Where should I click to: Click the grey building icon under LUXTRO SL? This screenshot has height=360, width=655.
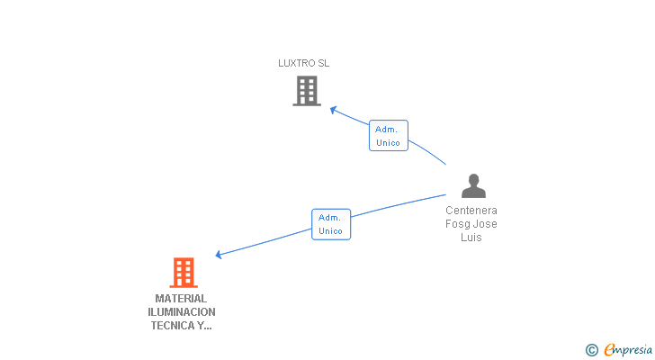coord(307,91)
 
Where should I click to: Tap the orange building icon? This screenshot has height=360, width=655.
coord(184,273)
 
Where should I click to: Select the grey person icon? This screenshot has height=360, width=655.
coord(473,185)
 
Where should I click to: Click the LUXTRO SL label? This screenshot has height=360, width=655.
coord(304,63)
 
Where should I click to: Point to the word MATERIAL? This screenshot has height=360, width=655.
coord(181,299)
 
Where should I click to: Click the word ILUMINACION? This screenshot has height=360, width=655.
coord(182,312)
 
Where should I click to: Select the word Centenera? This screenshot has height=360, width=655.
coord(471,211)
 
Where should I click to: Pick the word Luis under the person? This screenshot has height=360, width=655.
coord(471,238)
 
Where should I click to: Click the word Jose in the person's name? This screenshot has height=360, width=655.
coord(486,224)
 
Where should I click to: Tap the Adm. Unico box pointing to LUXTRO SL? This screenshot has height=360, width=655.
coord(389,136)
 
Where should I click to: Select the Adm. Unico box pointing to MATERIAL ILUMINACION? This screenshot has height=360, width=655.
coord(331,224)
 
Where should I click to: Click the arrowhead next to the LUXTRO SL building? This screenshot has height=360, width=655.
coord(333,110)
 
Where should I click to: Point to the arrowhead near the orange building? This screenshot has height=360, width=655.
coord(219,255)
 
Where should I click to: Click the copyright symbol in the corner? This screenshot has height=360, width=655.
coord(591,350)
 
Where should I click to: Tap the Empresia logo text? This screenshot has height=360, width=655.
coord(628,350)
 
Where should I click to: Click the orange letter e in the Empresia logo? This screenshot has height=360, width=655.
coord(609,349)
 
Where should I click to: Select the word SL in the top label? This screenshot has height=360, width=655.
coord(323,63)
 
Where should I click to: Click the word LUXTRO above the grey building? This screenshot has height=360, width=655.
coord(297,63)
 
